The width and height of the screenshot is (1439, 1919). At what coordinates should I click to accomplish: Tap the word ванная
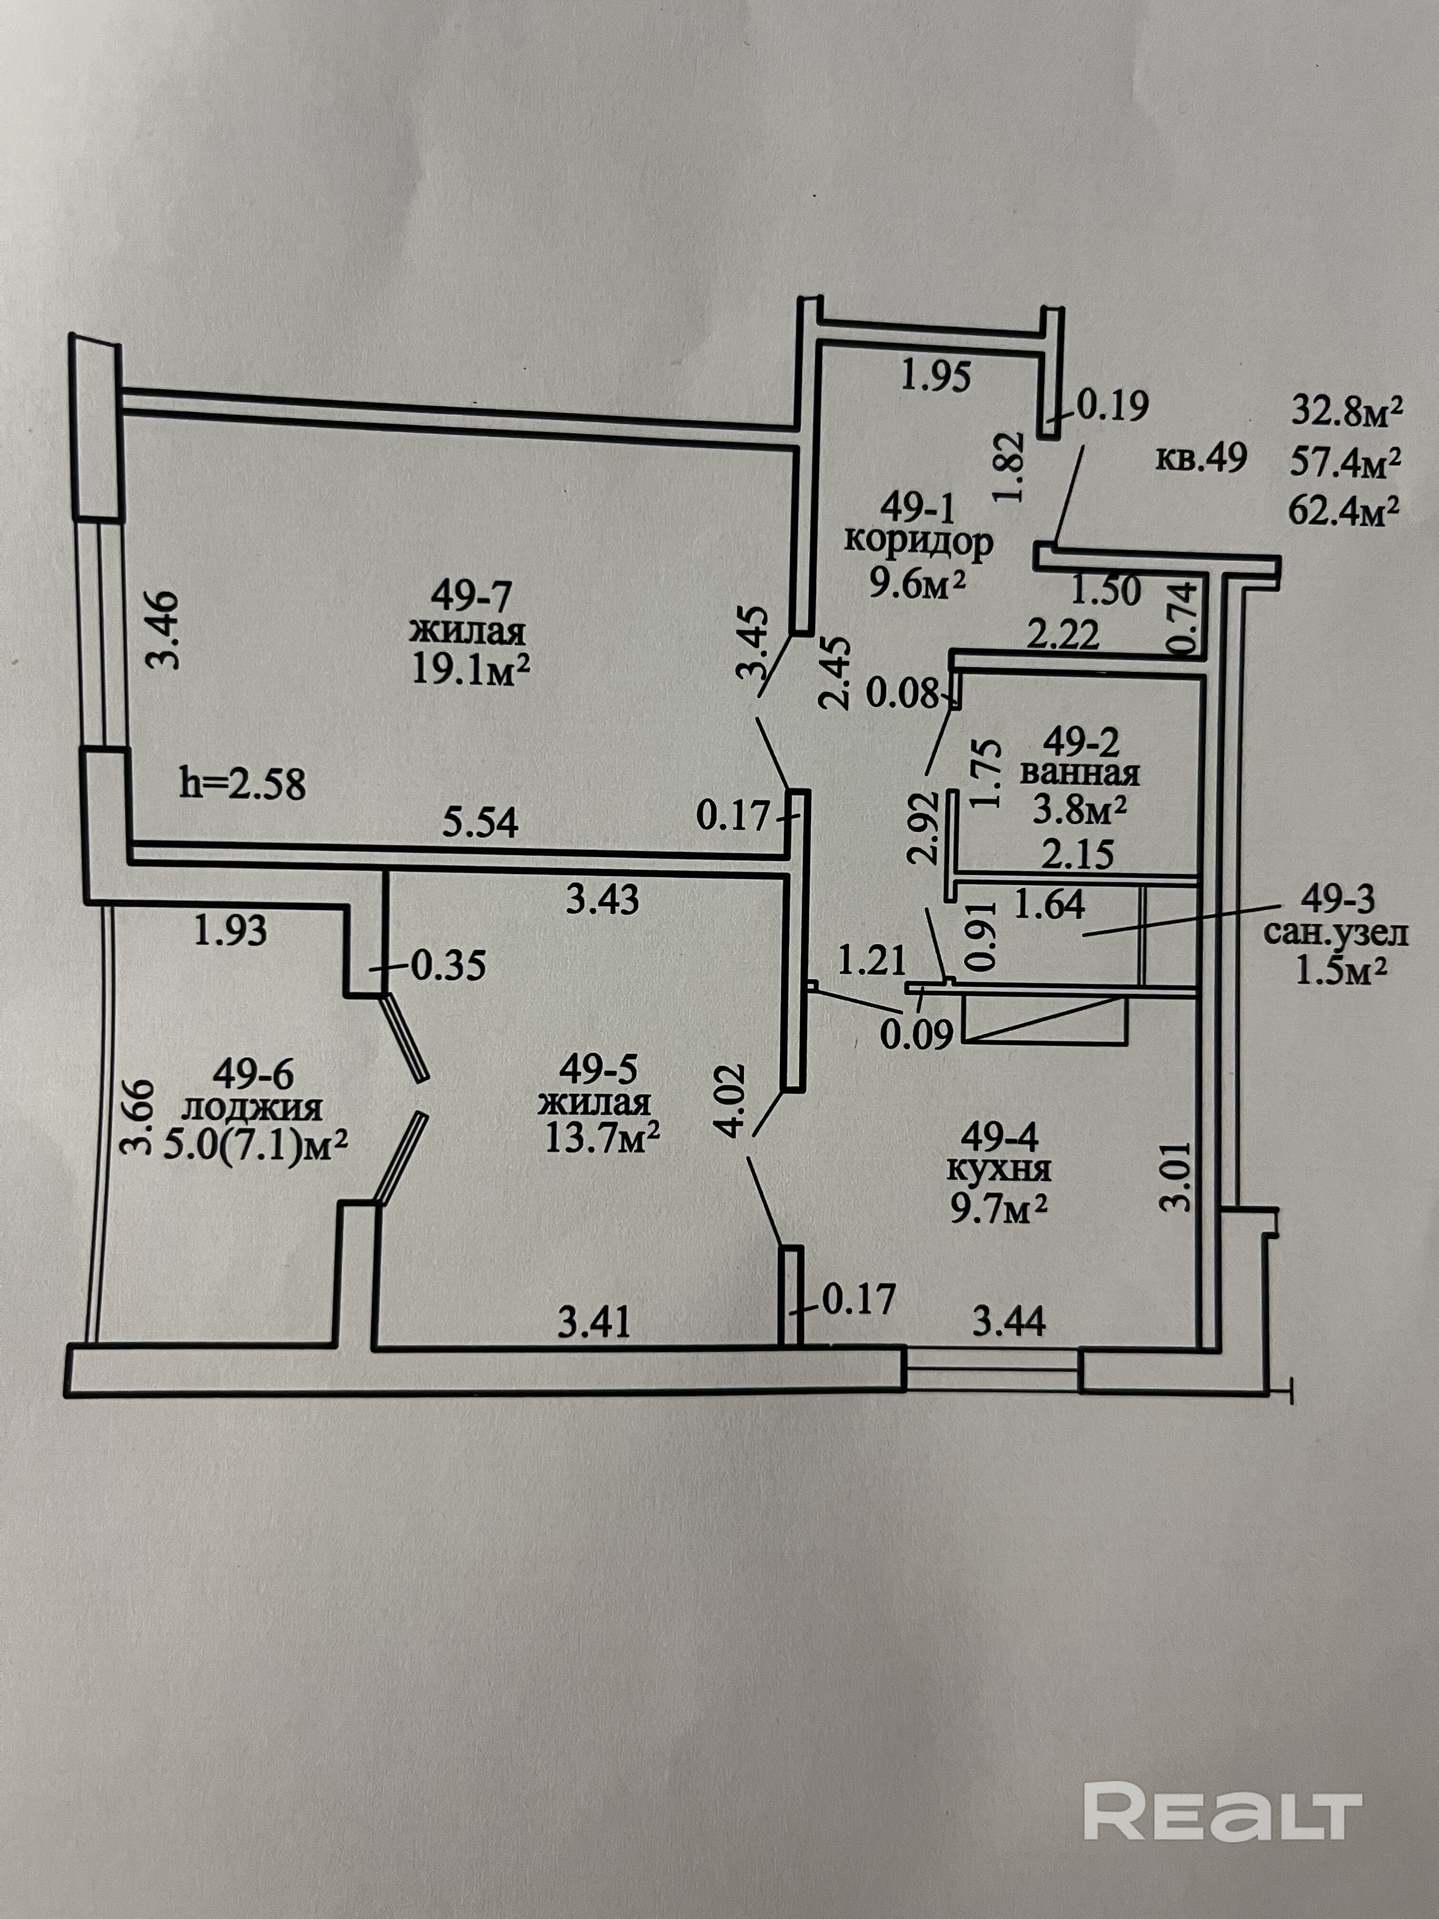(x=1080, y=771)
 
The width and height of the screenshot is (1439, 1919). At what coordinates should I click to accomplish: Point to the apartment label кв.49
(x=1202, y=457)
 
